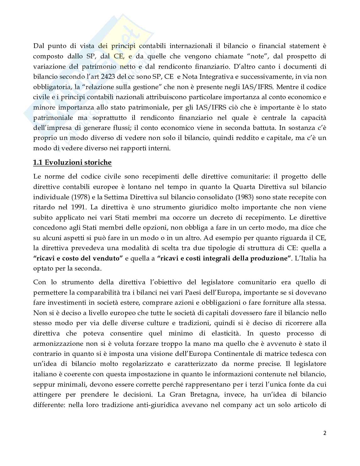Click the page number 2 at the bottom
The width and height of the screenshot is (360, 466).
point(325,433)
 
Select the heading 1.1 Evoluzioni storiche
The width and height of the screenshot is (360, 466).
point(72,162)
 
